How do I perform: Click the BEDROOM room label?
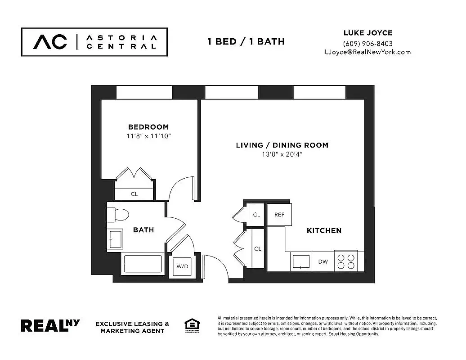click(x=148, y=127)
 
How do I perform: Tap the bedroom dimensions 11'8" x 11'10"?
click(x=148, y=136)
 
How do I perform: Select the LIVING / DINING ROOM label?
click(x=282, y=145)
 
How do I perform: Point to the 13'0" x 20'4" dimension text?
click(x=282, y=154)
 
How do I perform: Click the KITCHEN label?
click(x=324, y=230)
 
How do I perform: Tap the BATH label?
click(x=143, y=230)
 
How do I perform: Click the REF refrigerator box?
click(x=279, y=215)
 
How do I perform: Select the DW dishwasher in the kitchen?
click(x=323, y=261)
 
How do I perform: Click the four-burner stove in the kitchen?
click(x=346, y=261)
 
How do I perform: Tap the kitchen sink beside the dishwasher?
click(x=300, y=261)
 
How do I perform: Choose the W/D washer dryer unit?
click(x=182, y=266)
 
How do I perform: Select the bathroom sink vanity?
click(x=116, y=238)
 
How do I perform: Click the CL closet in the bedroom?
click(x=134, y=194)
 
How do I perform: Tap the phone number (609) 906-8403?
click(x=367, y=44)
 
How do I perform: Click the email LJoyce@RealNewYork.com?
click(x=367, y=52)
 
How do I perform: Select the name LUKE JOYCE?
click(x=367, y=33)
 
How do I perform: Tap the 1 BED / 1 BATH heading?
click(x=246, y=41)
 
